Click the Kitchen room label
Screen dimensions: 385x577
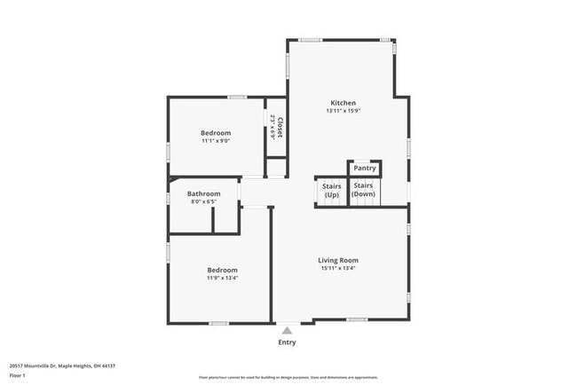[x=344, y=101]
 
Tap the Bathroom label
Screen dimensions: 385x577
[x=203, y=193]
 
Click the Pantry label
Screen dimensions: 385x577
[x=365, y=168]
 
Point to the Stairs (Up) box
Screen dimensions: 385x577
[x=331, y=191]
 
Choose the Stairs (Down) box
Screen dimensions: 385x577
[x=364, y=190]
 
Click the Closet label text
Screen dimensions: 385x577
[x=280, y=129]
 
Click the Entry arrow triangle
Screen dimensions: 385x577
[x=287, y=329]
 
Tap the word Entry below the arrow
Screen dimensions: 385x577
[x=287, y=342]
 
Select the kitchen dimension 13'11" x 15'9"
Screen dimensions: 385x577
[x=344, y=110]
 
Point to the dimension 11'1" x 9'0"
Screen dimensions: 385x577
[x=216, y=141]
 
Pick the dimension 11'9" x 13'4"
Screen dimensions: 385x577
[x=223, y=278]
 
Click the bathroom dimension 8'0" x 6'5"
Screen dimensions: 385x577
[x=203, y=202]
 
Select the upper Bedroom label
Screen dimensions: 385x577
[x=216, y=132]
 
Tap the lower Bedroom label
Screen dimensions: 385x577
[x=223, y=270]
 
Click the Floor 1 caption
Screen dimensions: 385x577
[x=18, y=375]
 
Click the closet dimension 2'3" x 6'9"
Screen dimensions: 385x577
[x=272, y=130]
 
